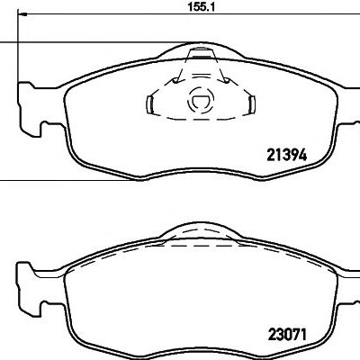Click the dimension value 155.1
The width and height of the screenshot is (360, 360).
[202, 7]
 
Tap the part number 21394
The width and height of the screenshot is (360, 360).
[287, 155]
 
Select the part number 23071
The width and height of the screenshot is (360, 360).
[287, 335]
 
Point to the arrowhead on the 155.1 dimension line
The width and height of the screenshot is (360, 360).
[22, 14]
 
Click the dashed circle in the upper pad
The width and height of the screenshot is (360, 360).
[201, 100]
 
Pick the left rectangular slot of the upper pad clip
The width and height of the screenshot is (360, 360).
[150, 104]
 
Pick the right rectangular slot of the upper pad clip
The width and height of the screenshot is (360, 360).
[252, 104]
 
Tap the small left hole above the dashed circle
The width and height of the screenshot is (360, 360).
[175, 81]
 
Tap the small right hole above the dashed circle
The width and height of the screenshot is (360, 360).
[227, 81]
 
